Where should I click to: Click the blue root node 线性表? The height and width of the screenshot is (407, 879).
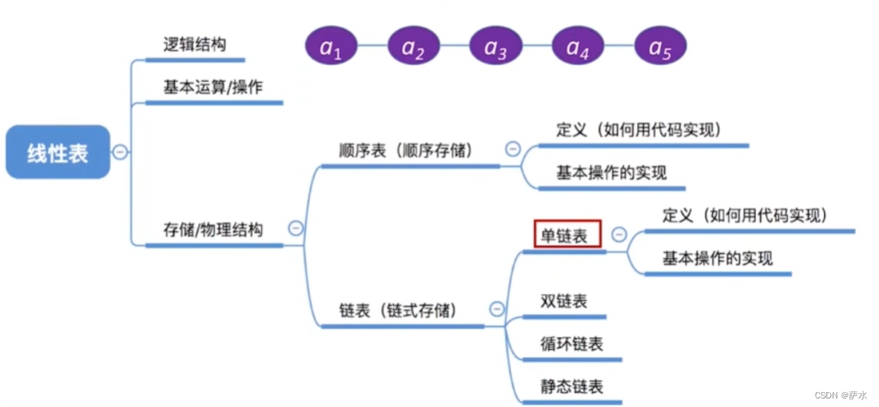58,152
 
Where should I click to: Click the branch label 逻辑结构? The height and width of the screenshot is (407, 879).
195,44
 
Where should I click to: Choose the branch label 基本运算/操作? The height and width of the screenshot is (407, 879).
213,87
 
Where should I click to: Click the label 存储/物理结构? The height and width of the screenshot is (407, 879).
213,230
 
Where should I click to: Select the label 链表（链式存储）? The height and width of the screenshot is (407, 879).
398,311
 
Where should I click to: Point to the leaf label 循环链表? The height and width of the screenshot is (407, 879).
572,344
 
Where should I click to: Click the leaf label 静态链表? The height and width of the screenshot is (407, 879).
572,385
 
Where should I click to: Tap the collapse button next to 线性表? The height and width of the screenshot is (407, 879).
120,152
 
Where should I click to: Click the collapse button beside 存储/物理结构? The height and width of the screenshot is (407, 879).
295,228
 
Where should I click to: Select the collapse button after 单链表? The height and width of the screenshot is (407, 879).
619,234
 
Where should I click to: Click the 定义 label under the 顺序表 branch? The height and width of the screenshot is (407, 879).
639,129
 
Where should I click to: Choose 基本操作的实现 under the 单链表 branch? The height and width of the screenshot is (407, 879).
717,258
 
